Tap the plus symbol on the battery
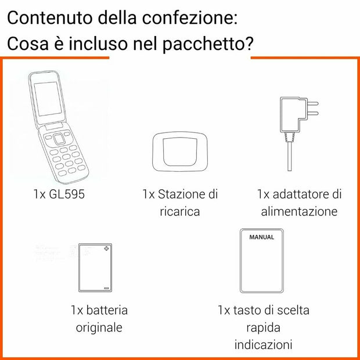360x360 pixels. tap(106, 249)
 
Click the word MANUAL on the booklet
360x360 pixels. tap(261, 237)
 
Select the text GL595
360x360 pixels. tap(67, 194)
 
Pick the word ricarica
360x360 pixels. tap(180, 211)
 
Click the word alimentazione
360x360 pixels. tap(299, 211)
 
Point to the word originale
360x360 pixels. tap(99, 327)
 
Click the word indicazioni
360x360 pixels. tap(263, 345)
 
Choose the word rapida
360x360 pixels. tap(263, 327)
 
